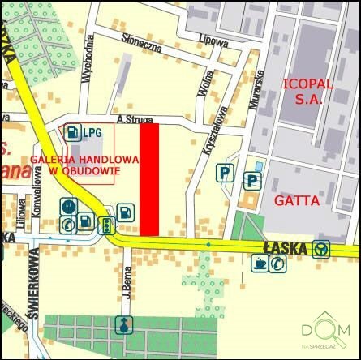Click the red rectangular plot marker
point(148,179)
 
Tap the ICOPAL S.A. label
point(302,91)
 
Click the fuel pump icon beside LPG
point(74,131)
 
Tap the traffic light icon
point(105,225)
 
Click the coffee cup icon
point(259,263)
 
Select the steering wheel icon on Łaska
point(322,248)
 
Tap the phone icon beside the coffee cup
point(278,263)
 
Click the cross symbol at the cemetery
point(122,325)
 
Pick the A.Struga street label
point(135,119)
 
